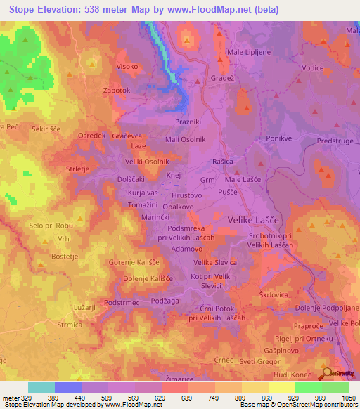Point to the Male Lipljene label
coord(247,52)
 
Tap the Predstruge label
coord(337,141)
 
